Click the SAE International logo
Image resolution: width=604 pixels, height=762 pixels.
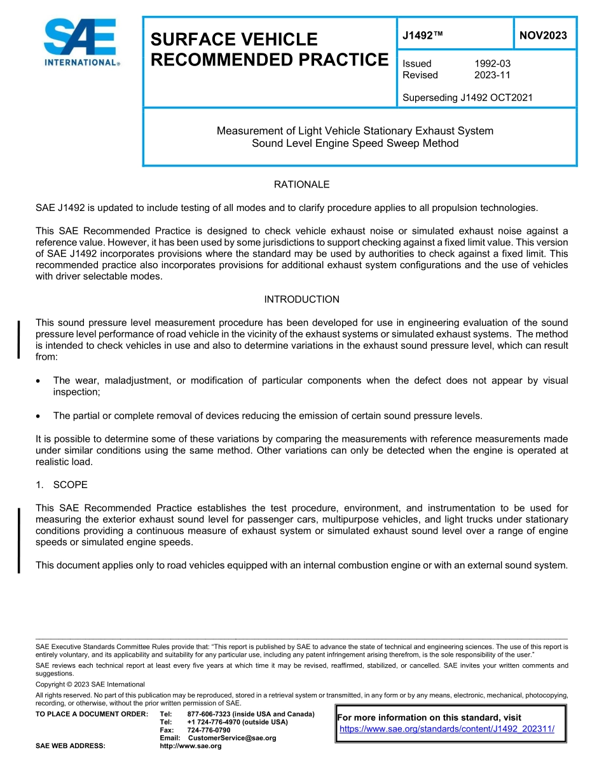click(80, 43)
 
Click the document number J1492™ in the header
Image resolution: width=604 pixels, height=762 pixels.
click(422, 36)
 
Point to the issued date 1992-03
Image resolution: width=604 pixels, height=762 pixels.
click(492, 64)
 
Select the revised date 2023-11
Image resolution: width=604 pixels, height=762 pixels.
click(492, 75)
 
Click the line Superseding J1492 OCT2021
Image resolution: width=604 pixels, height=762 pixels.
click(467, 98)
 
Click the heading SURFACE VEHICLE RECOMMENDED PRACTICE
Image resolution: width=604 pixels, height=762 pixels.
click(268, 50)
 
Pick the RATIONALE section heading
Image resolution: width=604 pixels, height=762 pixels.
click(301, 185)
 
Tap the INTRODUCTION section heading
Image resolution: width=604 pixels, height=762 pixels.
click(301, 299)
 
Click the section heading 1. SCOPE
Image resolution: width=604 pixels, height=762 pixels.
click(62, 485)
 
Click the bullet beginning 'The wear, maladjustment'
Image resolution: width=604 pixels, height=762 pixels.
click(310, 386)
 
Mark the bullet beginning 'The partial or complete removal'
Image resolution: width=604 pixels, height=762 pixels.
click(267, 416)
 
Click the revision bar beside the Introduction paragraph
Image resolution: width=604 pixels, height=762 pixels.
click(19, 340)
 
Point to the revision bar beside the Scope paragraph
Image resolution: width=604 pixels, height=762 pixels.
click(19, 540)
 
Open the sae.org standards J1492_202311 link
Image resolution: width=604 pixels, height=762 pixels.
click(447, 729)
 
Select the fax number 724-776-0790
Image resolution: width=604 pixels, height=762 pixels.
click(209, 730)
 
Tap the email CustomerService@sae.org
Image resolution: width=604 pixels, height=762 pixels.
click(232, 738)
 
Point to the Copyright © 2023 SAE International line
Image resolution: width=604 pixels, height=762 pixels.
click(90, 684)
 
